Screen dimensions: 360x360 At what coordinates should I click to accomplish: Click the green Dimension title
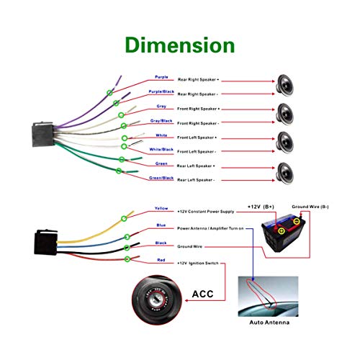tap(179, 45)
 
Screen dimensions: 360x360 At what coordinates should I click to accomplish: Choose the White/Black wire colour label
tap(161, 149)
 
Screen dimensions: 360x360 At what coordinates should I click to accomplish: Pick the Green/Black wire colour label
tap(161, 178)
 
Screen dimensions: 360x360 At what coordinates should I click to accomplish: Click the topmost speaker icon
tap(287, 84)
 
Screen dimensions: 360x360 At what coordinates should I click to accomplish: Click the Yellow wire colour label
tap(161, 209)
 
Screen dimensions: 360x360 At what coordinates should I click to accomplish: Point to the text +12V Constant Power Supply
tap(207, 212)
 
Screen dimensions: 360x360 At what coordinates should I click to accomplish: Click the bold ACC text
tap(207, 294)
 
